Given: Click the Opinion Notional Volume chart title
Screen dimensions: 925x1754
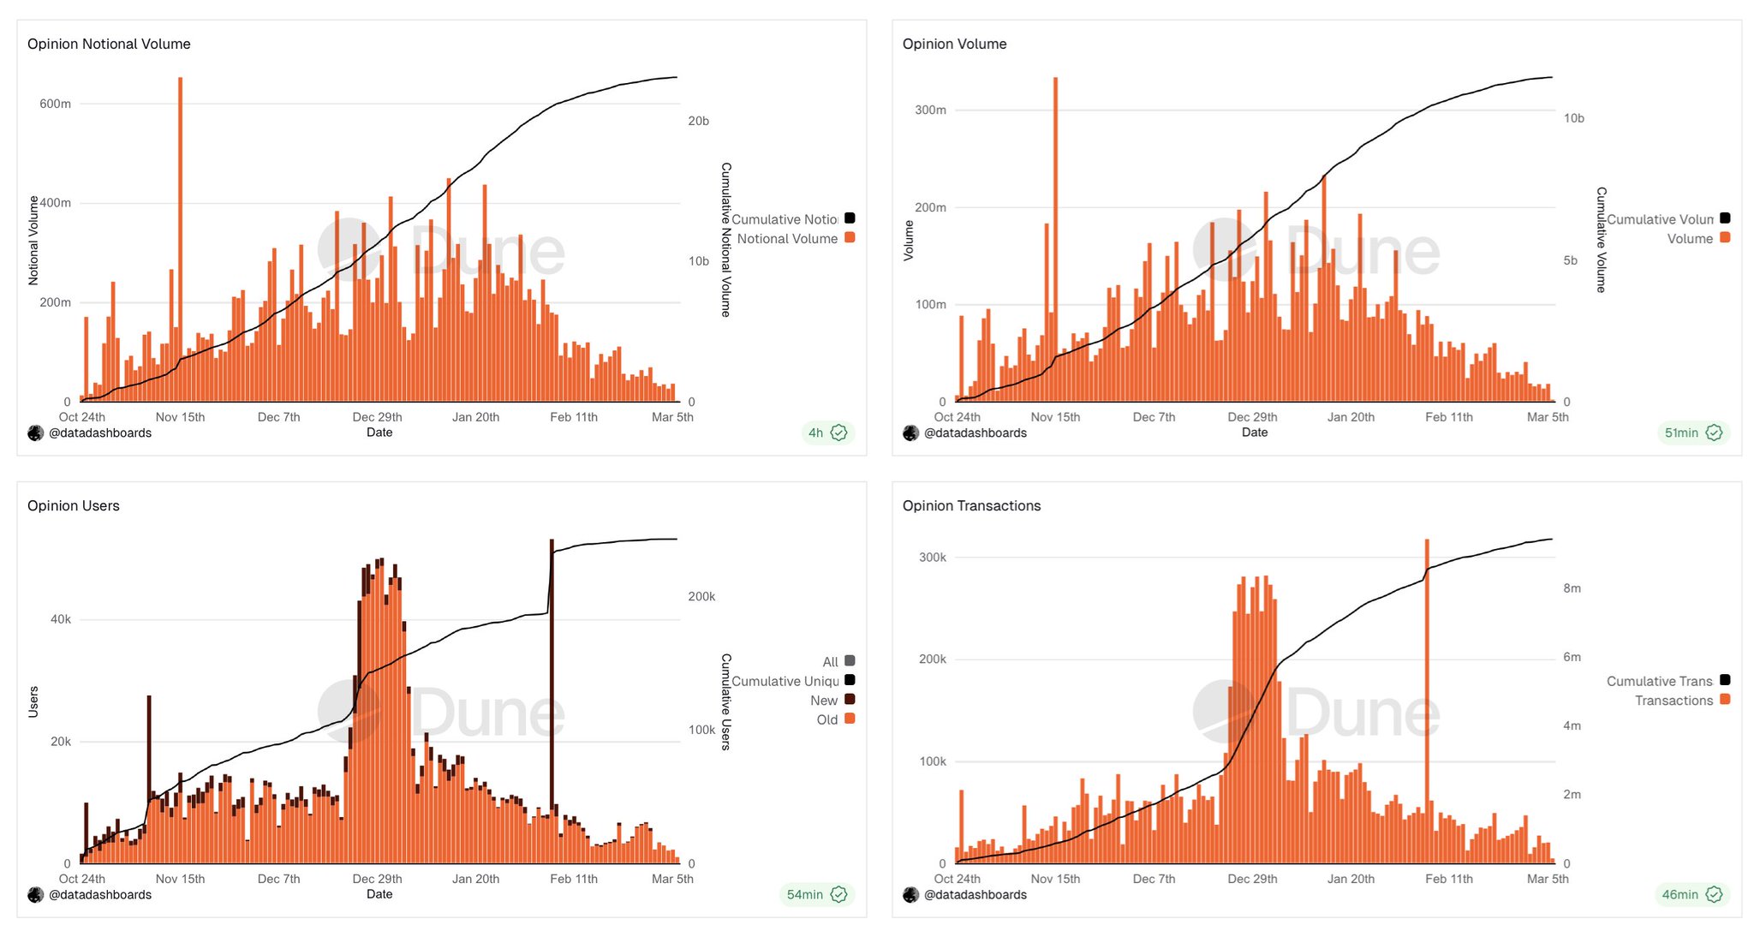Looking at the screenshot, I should coord(109,44).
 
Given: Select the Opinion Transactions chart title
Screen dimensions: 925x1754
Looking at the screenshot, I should coord(971,505).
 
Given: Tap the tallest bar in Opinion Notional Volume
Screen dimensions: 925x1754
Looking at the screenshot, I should coord(180,240).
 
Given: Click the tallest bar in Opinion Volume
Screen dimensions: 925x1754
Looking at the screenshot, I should coord(1055,240).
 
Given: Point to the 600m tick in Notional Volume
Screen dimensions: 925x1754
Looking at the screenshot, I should coord(56,104).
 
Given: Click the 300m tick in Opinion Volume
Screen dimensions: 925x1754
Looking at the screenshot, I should coord(930,110).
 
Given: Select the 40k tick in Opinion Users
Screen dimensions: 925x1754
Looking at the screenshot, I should coord(61,619).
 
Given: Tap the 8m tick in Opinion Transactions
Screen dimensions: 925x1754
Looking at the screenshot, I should coord(1572,588).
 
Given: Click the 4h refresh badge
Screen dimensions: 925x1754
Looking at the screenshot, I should coord(826,433).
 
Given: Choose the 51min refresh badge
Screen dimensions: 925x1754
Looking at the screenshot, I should coord(1692,433).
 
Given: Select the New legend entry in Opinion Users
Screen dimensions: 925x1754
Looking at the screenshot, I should coord(824,701).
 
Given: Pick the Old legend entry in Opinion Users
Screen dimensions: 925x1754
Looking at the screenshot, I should coord(827,719).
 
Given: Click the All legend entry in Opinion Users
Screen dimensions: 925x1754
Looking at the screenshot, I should coord(831,662).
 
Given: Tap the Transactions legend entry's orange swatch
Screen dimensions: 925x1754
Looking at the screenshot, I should coord(1725,700).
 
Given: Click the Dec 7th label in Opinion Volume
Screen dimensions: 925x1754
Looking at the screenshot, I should coord(1154,417).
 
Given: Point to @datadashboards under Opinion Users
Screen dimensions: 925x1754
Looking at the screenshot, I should coord(100,894).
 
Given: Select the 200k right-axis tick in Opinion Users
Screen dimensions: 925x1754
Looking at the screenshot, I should coord(701,596).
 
